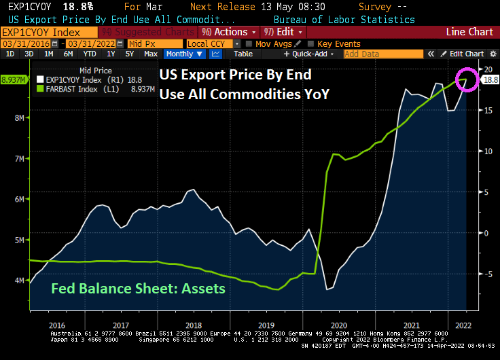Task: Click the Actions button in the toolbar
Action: coord(230,32)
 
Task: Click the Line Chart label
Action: coord(469,32)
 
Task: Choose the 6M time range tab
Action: coord(68,54)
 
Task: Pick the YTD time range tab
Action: coord(89,54)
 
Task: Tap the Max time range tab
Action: coord(151,54)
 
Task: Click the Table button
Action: coord(243,54)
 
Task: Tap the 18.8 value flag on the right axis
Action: coord(490,79)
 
